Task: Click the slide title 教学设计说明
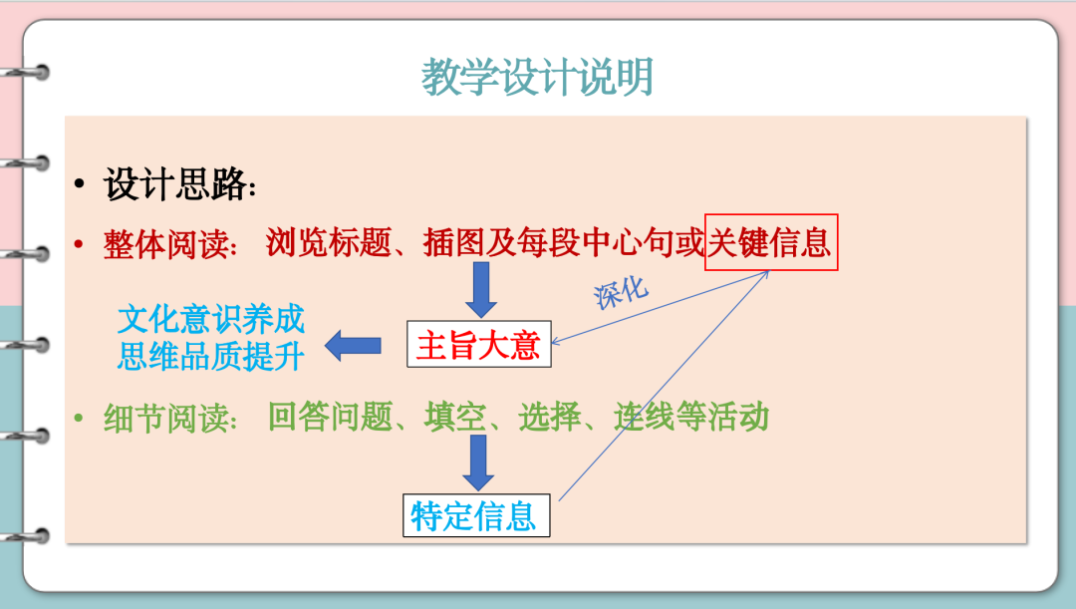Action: [x=537, y=76]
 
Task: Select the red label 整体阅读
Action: [x=165, y=244]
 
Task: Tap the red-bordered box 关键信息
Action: [x=771, y=242]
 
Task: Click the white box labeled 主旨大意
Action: [x=479, y=344]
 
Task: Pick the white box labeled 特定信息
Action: [x=476, y=515]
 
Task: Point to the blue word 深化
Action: [x=621, y=292]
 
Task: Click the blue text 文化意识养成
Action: [x=210, y=319]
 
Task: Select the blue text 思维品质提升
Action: [x=210, y=356]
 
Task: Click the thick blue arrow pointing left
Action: [x=353, y=345]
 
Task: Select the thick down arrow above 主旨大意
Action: [x=481, y=289]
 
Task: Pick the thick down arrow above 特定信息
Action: [x=478, y=462]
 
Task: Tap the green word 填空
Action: [x=455, y=417]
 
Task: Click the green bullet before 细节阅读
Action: [x=79, y=418]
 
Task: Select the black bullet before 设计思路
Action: [x=80, y=183]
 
